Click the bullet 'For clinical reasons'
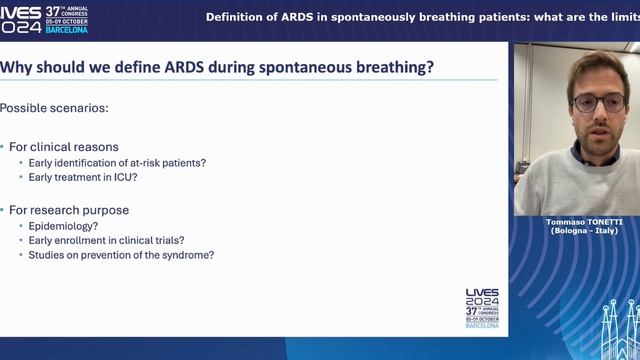coord(64,147)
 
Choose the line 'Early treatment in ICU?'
coord(77,177)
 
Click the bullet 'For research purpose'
coord(69,210)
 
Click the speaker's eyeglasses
coord(597,101)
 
